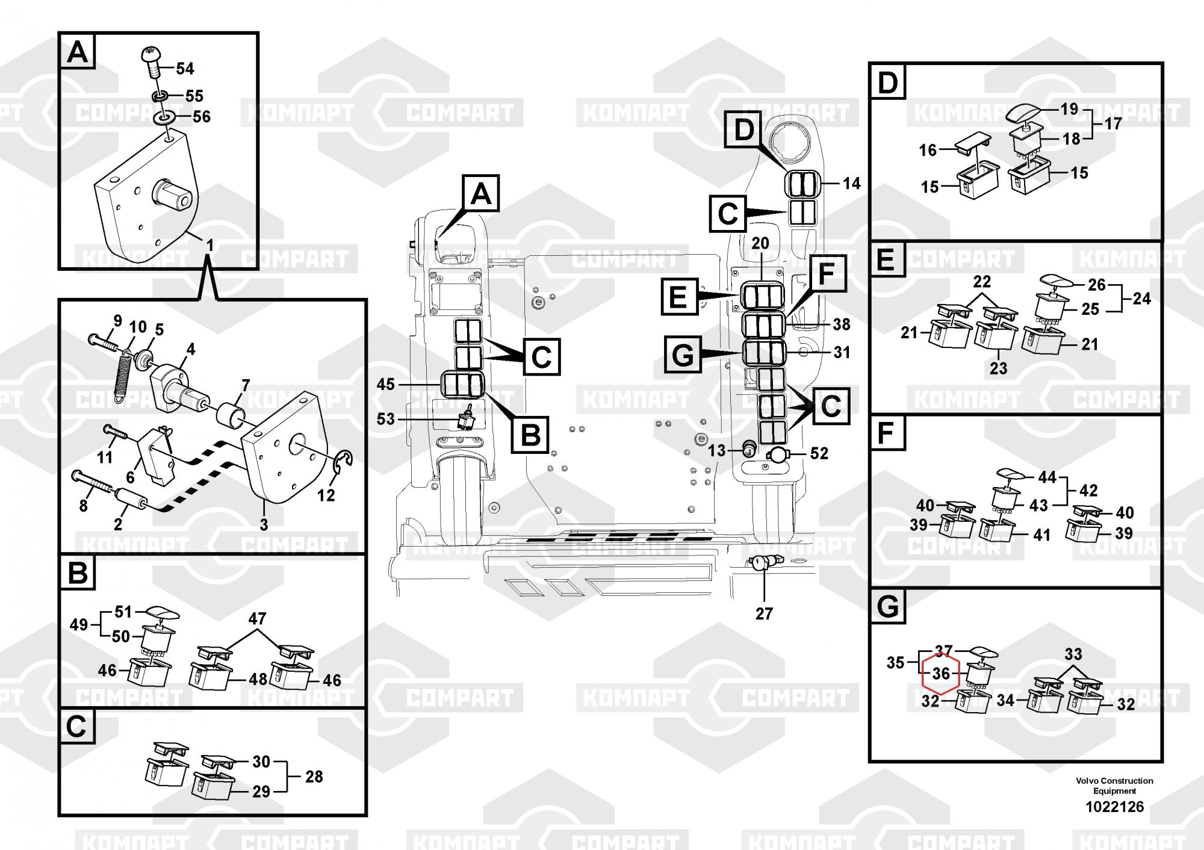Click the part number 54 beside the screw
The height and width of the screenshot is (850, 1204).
tap(185, 69)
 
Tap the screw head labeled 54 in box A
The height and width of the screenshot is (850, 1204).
tap(152, 56)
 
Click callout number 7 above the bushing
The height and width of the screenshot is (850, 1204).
tap(246, 385)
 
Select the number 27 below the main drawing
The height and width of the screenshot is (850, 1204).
tap(764, 614)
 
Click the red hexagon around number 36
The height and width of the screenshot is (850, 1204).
tap(941, 674)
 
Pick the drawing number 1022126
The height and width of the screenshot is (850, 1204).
tap(1114, 807)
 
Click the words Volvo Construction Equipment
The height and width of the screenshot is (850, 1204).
tap(1114, 785)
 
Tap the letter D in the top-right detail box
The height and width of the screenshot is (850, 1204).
tap(887, 84)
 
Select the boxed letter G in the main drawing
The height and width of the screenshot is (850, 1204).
tap(683, 355)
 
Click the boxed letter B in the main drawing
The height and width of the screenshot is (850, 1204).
tap(530, 434)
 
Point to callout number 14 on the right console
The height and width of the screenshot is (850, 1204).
tap(851, 183)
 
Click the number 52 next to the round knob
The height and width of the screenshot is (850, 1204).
tap(819, 453)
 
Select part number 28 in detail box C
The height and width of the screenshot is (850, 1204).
tap(314, 777)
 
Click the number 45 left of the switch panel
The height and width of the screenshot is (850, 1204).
tap(385, 384)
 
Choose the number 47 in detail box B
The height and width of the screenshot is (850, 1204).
tap(257, 619)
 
